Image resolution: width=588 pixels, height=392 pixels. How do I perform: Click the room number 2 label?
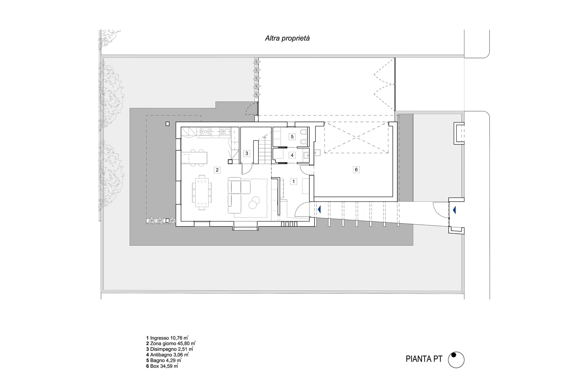[x=217, y=170]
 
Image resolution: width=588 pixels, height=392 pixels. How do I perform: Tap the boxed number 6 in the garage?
[x=356, y=170]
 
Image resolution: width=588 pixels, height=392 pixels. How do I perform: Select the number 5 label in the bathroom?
[x=292, y=137]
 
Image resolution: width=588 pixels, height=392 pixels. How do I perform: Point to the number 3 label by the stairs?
[x=247, y=153]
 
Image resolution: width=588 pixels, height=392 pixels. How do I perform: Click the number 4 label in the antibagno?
[x=292, y=155]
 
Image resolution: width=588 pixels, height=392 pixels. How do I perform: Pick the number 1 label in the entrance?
[x=293, y=181]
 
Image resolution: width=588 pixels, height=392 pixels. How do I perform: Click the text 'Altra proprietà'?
[x=287, y=38]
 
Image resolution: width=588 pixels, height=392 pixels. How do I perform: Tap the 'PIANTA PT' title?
[x=424, y=359]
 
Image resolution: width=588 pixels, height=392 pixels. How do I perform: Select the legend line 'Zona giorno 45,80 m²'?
[x=171, y=343]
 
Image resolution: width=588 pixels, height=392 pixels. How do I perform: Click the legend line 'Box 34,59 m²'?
[x=162, y=366]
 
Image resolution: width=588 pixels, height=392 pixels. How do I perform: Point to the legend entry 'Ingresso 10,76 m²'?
[x=167, y=338]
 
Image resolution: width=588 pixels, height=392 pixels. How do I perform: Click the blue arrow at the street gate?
[x=455, y=210]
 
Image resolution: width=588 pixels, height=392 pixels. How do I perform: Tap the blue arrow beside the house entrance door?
[x=319, y=210]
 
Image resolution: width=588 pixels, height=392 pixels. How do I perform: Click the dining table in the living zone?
[x=202, y=192]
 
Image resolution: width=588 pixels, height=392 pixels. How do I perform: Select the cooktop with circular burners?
[x=206, y=131]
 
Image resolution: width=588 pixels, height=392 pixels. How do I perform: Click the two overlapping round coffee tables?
[x=254, y=202]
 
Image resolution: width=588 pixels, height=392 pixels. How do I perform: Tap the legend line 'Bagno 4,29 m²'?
[x=164, y=361]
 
